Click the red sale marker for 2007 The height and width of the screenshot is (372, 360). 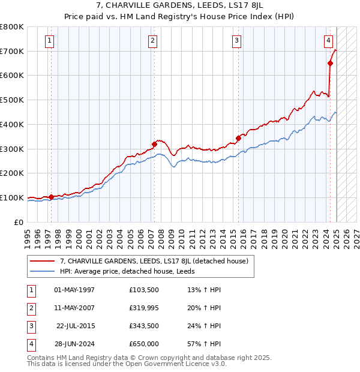(x=154, y=144)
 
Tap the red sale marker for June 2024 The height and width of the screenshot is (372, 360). (x=330, y=63)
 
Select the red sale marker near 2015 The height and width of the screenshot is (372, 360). (x=238, y=138)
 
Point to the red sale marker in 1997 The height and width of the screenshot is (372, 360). (x=51, y=196)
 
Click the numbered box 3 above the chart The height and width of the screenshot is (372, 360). (x=237, y=41)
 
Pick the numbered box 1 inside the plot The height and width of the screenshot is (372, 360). (x=49, y=41)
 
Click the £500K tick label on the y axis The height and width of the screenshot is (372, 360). (x=12, y=100)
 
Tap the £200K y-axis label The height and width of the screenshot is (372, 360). (x=12, y=173)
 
